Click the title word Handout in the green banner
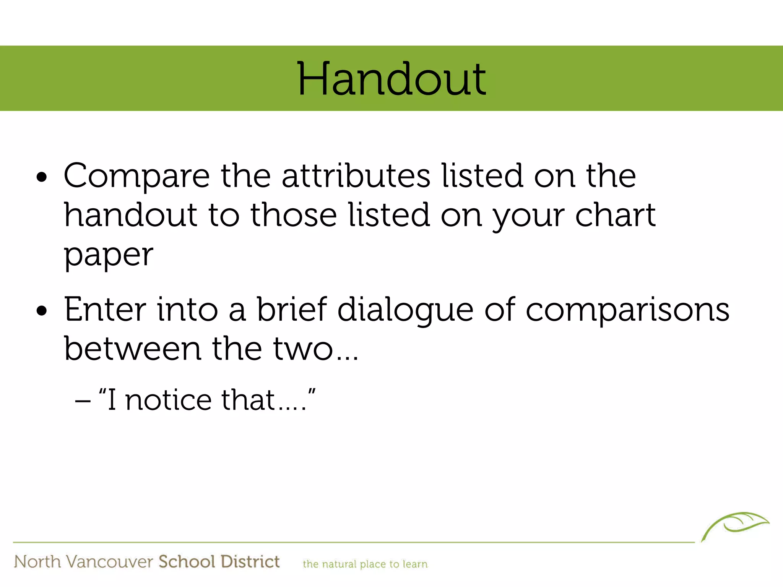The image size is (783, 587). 391,79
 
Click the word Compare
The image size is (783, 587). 136,177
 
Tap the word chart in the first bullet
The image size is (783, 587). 615,215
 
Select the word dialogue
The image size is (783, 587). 405,310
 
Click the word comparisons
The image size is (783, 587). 627,310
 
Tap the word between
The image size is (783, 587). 132,349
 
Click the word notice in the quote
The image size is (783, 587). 168,400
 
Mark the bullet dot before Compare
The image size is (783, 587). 42,177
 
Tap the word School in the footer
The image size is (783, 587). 187,562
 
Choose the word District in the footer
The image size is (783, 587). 250,562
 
